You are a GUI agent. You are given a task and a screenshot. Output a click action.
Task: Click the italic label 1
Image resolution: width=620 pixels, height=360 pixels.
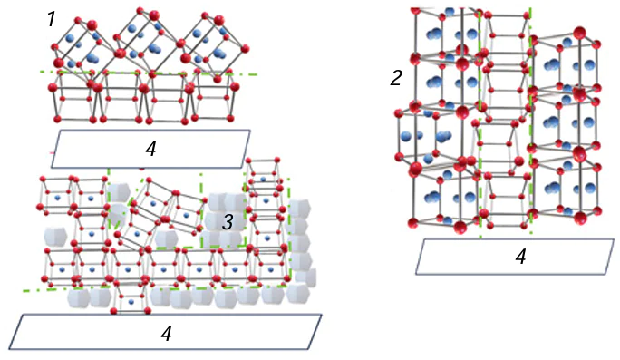click(x=52, y=19)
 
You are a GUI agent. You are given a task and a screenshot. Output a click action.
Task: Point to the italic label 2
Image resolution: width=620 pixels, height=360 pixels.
click(x=396, y=79)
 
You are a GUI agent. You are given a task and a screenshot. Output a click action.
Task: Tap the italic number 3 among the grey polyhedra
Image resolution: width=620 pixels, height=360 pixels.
click(x=229, y=221)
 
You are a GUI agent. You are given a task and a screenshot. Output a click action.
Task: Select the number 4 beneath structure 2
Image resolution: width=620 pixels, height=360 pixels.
click(x=520, y=258)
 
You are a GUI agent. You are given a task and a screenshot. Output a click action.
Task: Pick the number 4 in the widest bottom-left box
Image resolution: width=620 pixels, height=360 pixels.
click(x=166, y=333)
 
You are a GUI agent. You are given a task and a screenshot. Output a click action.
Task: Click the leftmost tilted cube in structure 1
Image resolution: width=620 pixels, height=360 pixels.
click(x=80, y=44)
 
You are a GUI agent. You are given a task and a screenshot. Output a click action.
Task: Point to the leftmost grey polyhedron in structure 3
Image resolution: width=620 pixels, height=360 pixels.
click(x=55, y=238)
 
